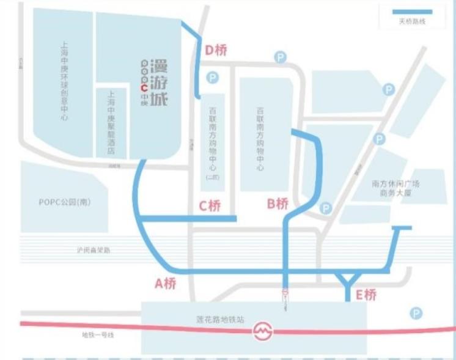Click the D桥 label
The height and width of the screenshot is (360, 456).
click(215, 51)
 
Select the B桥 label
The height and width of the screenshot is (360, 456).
click(277, 204)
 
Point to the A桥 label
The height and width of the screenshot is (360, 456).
click(166, 283)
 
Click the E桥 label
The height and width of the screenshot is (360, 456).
click(366, 295)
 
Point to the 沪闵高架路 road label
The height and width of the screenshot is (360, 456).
click(93, 250)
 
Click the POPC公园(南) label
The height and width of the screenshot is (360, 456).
click(65, 202)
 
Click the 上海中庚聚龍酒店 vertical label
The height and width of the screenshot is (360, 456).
click(111, 122)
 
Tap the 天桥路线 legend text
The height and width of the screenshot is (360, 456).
click(411, 22)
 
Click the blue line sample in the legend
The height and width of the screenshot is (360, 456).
click(411, 11)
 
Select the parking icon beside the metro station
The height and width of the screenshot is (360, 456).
click(416, 314)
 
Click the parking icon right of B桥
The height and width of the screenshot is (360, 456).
click(326, 208)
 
